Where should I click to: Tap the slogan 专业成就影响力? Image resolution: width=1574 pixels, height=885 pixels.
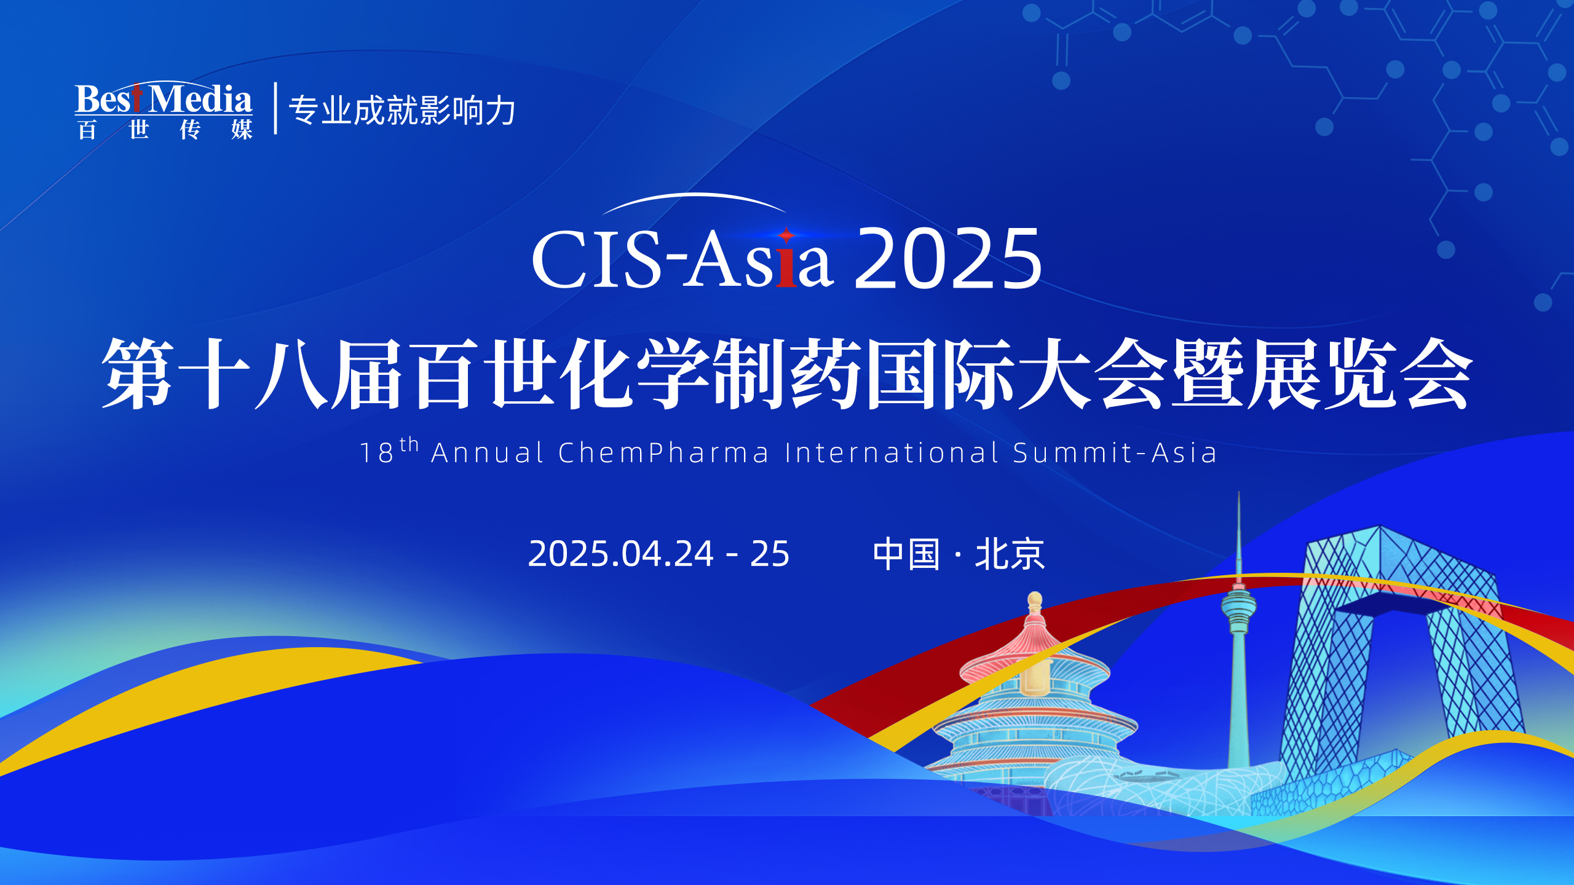click(402, 111)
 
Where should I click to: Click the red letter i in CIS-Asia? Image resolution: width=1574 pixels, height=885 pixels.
click(786, 264)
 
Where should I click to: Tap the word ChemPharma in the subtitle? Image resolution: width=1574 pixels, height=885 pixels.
click(663, 453)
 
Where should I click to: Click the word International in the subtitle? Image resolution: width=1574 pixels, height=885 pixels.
click(892, 453)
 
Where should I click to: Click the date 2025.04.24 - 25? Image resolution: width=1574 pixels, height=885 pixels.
click(658, 554)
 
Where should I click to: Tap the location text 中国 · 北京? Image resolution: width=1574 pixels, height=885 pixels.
click(959, 554)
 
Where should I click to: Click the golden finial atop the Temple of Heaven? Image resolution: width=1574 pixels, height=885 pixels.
click(1035, 601)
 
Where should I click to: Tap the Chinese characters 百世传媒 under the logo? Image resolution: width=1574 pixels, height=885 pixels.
click(164, 130)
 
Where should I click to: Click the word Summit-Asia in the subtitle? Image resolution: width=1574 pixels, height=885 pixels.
click(1115, 453)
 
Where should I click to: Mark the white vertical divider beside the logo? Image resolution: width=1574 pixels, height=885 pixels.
click(275, 108)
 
